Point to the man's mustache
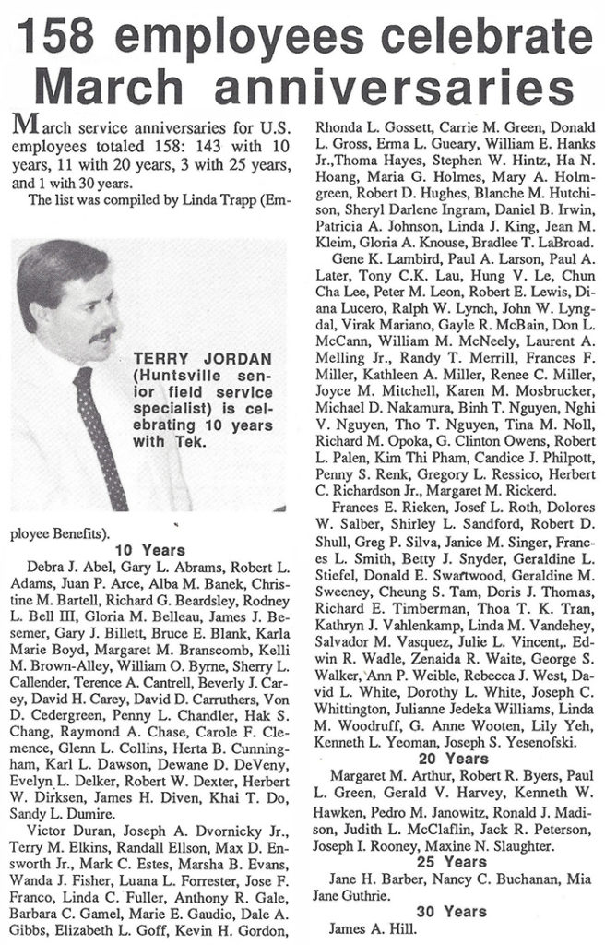point(101,331)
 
